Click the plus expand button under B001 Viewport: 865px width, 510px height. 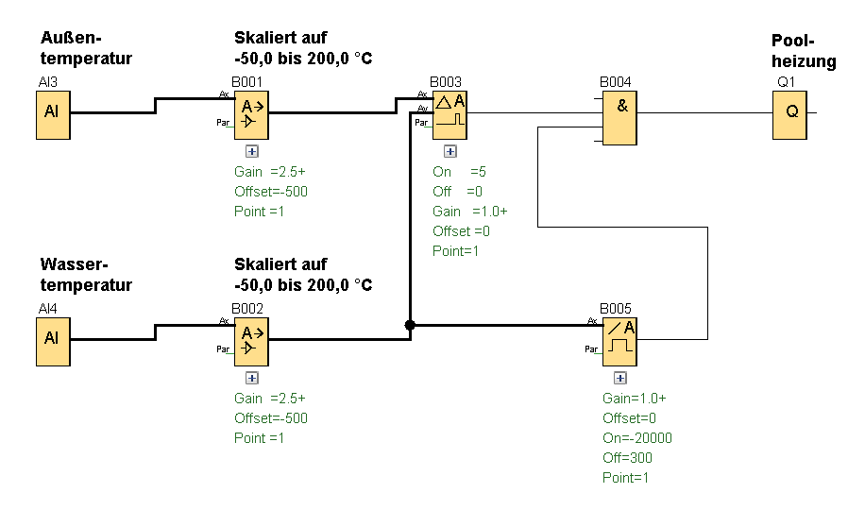(252, 150)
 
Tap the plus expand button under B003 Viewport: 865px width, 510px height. (450, 150)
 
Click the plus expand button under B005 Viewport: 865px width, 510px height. (620, 378)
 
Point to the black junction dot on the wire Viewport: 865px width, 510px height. (410, 325)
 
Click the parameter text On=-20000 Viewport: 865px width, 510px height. (637, 438)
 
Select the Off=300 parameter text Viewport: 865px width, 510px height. (627, 458)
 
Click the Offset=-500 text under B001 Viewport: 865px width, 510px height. (271, 192)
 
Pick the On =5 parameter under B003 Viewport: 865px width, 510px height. (459, 172)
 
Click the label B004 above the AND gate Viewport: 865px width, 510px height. (616, 82)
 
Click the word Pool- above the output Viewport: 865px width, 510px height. (792, 41)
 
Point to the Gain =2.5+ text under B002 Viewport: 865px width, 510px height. (270, 399)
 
